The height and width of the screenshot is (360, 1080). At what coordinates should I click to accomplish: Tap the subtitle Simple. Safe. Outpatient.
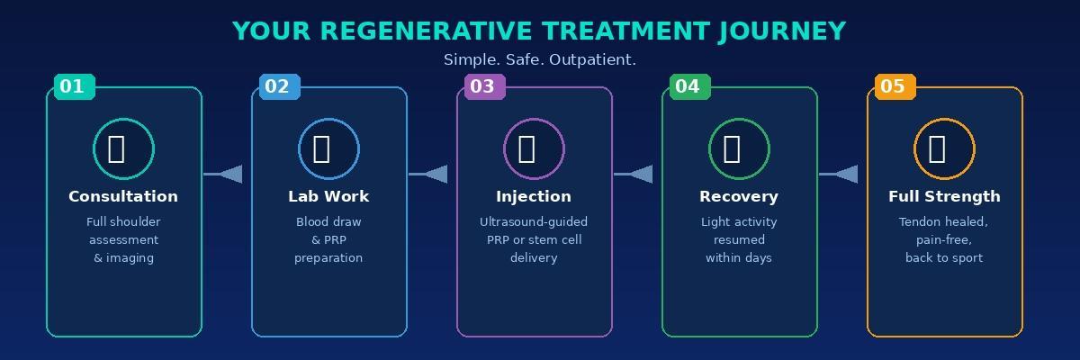click(x=539, y=59)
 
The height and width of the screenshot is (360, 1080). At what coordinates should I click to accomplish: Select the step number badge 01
click(x=74, y=86)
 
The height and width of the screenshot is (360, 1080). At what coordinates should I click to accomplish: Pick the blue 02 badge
click(x=279, y=86)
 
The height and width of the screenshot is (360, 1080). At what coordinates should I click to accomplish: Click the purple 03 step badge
click(x=484, y=86)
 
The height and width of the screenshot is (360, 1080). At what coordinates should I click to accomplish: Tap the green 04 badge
click(x=689, y=86)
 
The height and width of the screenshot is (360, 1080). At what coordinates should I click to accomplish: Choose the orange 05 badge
click(x=895, y=86)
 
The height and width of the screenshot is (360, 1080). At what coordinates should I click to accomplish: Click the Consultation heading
click(x=123, y=196)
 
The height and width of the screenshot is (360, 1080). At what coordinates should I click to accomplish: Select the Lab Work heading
click(x=328, y=196)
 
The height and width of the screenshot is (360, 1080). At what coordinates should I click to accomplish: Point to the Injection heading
click(x=534, y=196)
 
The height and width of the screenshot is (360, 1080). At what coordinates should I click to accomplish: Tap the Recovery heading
click(x=739, y=196)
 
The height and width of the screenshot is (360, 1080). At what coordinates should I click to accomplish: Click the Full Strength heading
click(x=944, y=196)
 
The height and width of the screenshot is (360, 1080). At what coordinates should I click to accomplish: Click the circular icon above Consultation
click(x=123, y=148)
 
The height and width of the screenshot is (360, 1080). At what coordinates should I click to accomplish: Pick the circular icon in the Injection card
click(x=534, y=148)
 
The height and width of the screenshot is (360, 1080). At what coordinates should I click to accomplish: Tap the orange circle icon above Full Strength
click(x=944, y=148)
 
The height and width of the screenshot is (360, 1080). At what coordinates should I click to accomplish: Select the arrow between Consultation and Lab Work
click(x=225, y=174)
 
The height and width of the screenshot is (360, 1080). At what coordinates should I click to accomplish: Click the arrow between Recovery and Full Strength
click(x=841, y=174)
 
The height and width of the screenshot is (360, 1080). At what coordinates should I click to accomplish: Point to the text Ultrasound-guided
click(x=534, y=221)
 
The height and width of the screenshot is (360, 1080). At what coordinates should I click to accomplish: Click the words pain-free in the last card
click(x=944, y=239)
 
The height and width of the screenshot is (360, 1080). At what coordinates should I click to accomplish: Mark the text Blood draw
click(x=328, y=221)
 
